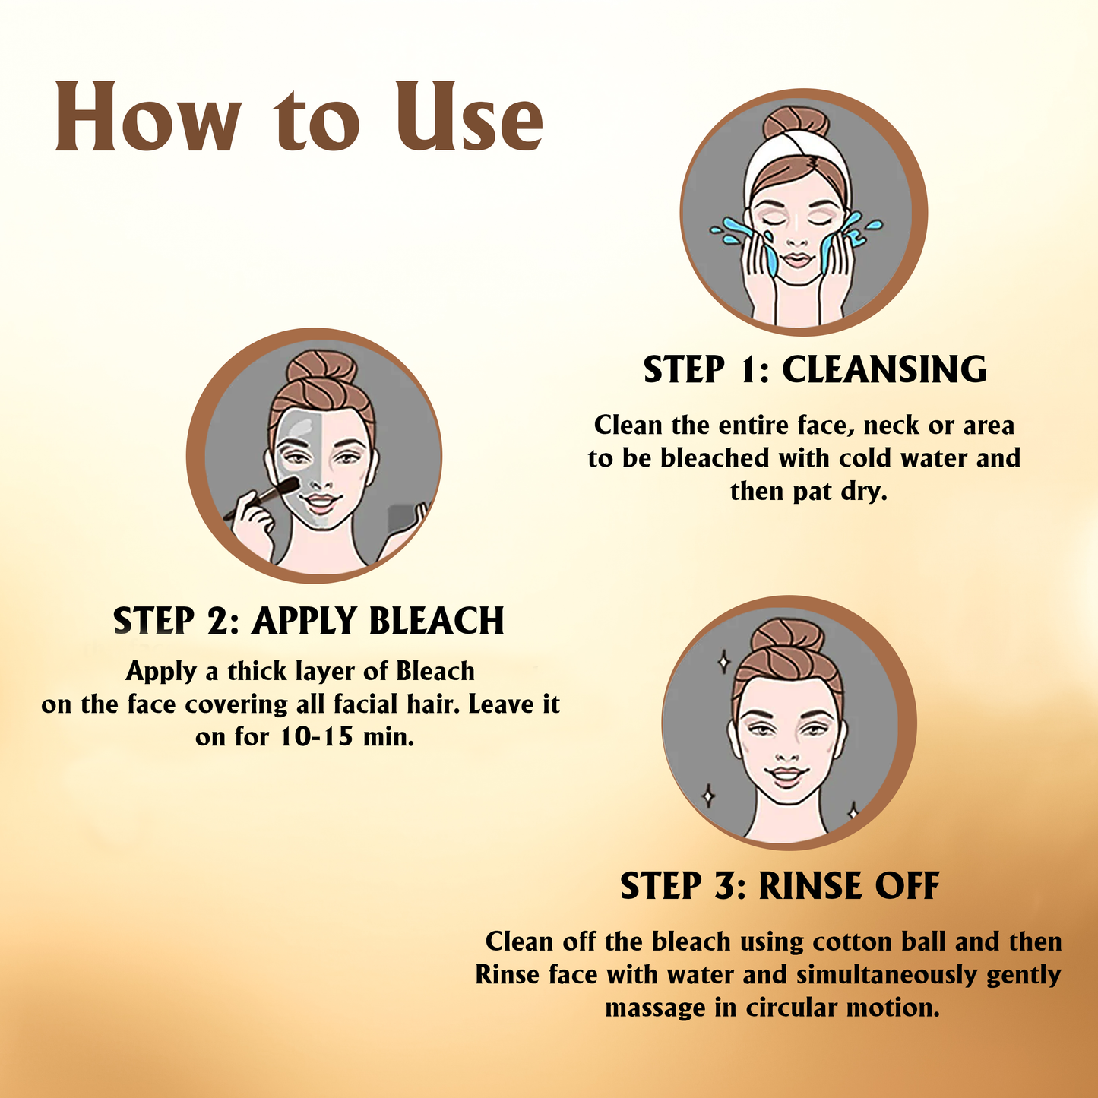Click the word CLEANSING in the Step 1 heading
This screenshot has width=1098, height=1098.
point(884,369)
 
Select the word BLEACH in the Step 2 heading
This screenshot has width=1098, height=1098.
point(436,620)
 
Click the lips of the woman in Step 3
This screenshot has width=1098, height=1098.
point(787,776)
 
